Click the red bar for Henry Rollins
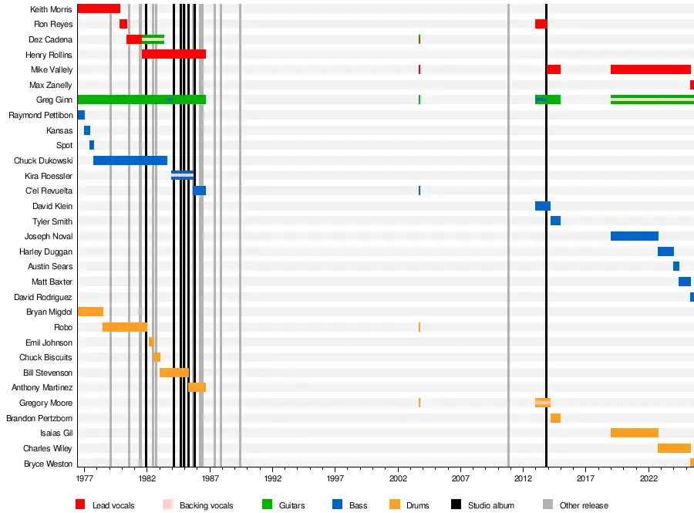[x=173, y=54]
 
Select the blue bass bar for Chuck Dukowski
[x=130, y=160]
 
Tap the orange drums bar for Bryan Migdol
[x=90, y=312]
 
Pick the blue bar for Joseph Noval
[x=634, y=236]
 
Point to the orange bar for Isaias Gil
[x=634, y=433]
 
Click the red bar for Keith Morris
[x=99, y=8]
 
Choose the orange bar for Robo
[x=124, y=327]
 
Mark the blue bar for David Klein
[x=542, y=206]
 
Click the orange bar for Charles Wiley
[x=674, y=448]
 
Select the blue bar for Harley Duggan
[x=665, y=251]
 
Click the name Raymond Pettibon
[x=41, y=115]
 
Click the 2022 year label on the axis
[x=649, y=478]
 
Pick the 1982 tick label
[x=147, y=478]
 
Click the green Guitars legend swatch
[x=268, y=505]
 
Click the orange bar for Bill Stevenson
[x=173, y=373]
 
